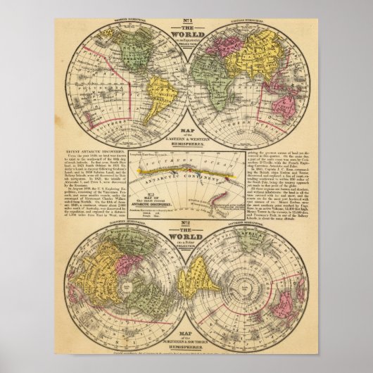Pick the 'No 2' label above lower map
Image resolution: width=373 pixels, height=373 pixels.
pyautogui.click(x=186, y=227)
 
